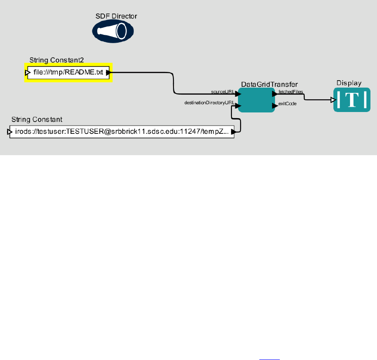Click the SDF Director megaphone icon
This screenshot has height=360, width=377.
[112, 31]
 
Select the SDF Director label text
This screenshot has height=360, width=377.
[116, 17]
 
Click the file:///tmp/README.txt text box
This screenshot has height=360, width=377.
[68, 73]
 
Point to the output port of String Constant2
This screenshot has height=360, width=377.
[109, 73]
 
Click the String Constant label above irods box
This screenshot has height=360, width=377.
[37, 119]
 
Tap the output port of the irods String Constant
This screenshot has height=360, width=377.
[234, 131]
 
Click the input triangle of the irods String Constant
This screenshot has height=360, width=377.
[10, 131]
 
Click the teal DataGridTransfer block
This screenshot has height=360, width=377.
[256, 99]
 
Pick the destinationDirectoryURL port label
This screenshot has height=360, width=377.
[209, 103]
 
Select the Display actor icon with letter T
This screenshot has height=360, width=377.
[352, 100]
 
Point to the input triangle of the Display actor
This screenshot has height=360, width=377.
[333, 100]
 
